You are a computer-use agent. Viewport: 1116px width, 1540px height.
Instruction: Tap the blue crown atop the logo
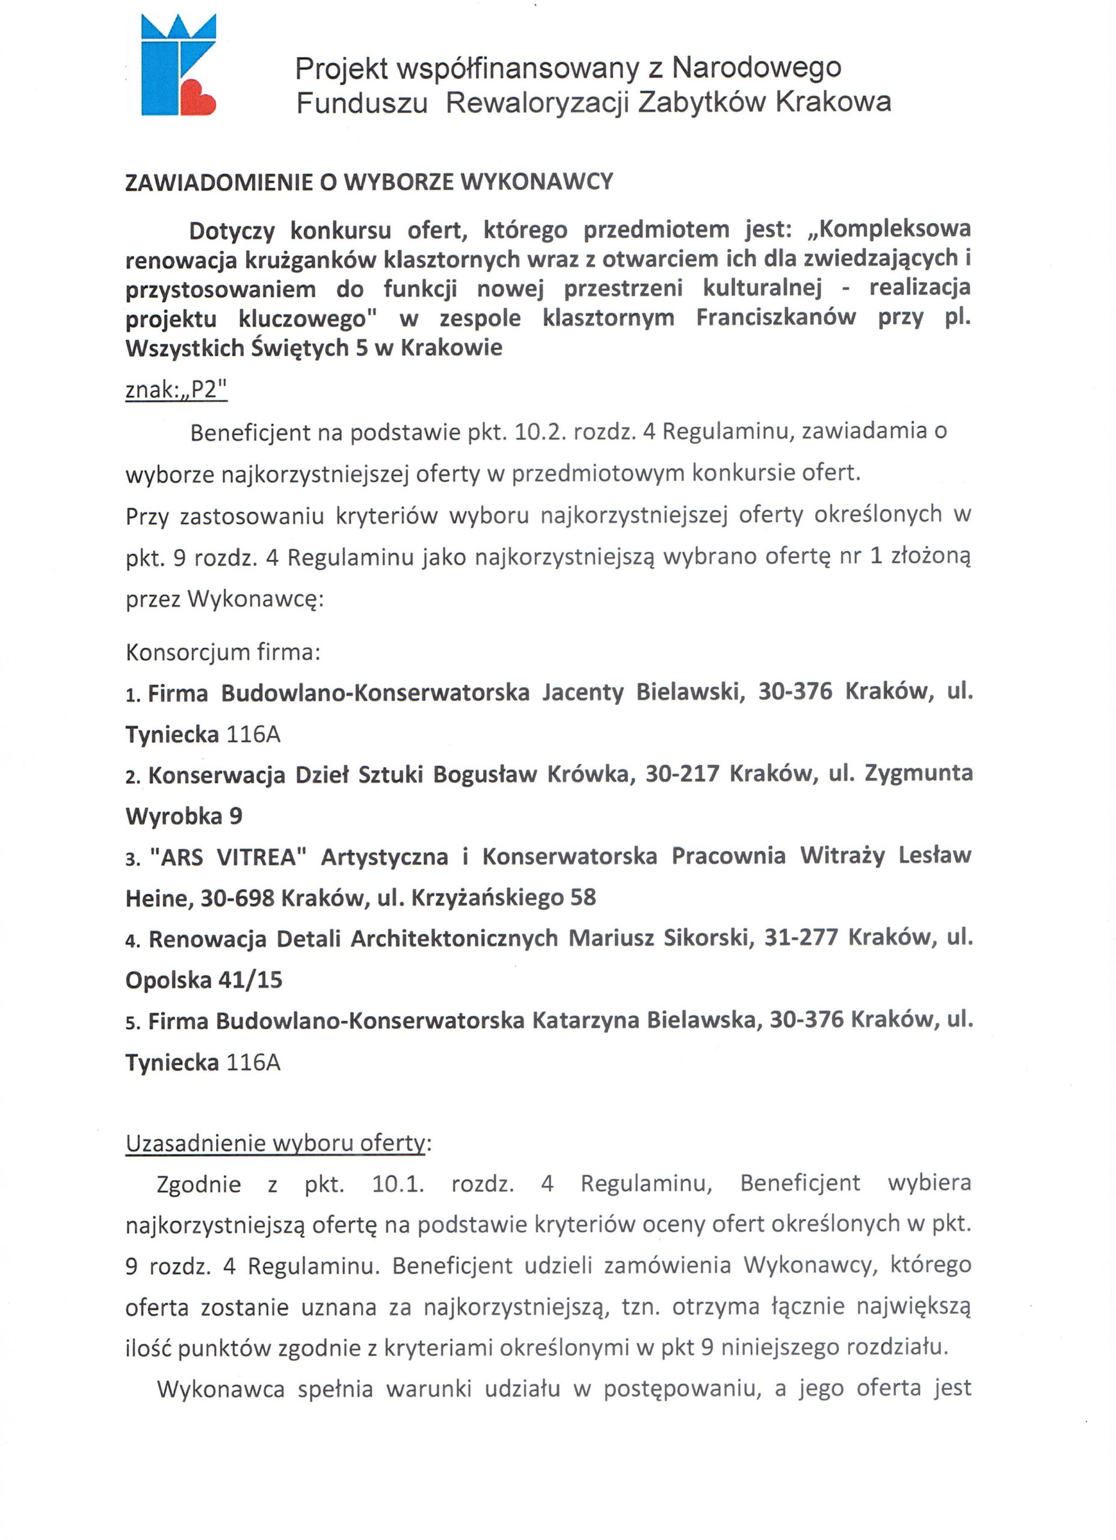[179, 28]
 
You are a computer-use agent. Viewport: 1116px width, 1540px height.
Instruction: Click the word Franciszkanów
[775, 318]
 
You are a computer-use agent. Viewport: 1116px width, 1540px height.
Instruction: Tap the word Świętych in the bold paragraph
[299, 348]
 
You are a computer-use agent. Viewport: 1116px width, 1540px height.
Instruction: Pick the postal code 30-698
[237, 898]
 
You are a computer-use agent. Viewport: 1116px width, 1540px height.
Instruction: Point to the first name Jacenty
[583, 692]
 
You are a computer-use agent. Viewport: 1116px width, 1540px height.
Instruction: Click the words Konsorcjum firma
[223, 653]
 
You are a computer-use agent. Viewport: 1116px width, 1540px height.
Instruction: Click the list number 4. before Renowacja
[132, 940]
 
